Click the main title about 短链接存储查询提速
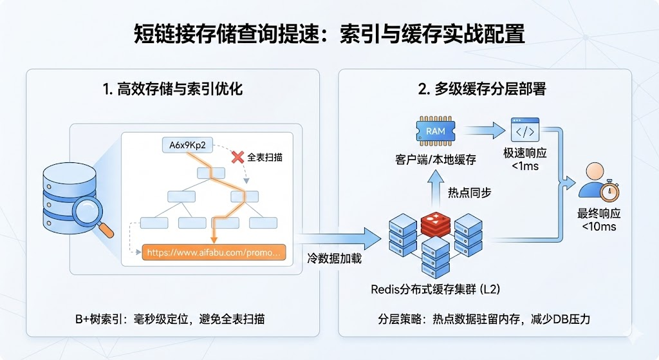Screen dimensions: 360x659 click(x=329, y=33)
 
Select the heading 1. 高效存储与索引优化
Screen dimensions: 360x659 click(x=172, y=89)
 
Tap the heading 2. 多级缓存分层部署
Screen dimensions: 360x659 click(x=482, y=89)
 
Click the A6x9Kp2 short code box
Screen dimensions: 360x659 click(x=187, y=146)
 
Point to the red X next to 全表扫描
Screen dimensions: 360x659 click(x=238, y=156)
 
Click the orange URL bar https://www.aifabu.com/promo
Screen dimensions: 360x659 click(x=214, y=252)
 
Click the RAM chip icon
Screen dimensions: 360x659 click(x=435, y=131)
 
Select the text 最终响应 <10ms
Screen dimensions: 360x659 click(x=599, y=220)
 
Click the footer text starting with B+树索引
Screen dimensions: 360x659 click(x=169, y=319)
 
